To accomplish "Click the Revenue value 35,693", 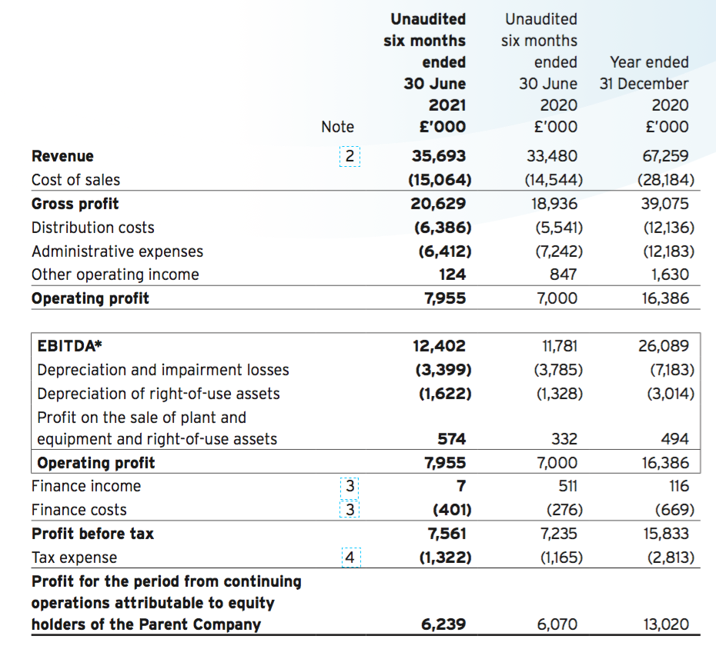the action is pos(438,156).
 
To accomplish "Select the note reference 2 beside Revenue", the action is pos(350,156).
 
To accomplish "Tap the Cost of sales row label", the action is pos(75,180).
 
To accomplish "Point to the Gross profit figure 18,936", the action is pos(554,204).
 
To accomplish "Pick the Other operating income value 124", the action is pos(452,275).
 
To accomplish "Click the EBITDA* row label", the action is pos(69,346).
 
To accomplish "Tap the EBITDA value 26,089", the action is pos(664,346).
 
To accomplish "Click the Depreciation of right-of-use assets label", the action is pos(159,393).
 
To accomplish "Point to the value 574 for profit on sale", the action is pos(452,439).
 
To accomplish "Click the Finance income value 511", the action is pos(567,486).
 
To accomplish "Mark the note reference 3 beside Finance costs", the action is pos(350,509).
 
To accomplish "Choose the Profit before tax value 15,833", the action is pos(666,533).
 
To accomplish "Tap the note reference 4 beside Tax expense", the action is pos(350,558).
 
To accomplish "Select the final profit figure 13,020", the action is pos(666,624).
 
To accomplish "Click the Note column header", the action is pos(337,127).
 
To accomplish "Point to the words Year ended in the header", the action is pos(649,62).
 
